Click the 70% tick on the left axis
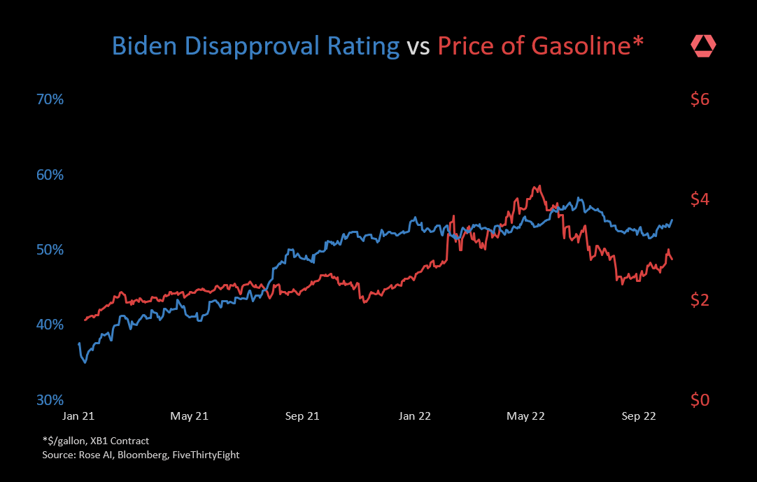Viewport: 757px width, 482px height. tap(50, 99)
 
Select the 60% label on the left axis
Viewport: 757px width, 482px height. tap(50, 174)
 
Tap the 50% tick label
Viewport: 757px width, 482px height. tap(50, 250)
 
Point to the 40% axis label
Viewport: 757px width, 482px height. tap(50, 325)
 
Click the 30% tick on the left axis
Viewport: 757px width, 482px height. tap(50, 400)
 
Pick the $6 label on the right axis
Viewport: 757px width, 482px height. tap(700, 99)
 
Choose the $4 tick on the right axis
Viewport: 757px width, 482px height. tap(700, 199)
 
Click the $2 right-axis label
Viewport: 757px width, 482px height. tap(700, 300)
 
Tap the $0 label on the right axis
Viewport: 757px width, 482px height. tap(700, 400)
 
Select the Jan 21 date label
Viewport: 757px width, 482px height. tap(78, 416)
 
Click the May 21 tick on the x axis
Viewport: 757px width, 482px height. tap(190, 416)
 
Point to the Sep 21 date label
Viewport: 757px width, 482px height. tap(302, 416)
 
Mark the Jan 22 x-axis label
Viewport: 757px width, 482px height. tap(415, 416)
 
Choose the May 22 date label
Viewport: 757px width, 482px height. tap(525, 416)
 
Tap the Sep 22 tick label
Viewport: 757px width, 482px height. tap(638, 416)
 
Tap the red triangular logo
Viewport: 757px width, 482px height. tap(703, 47)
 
